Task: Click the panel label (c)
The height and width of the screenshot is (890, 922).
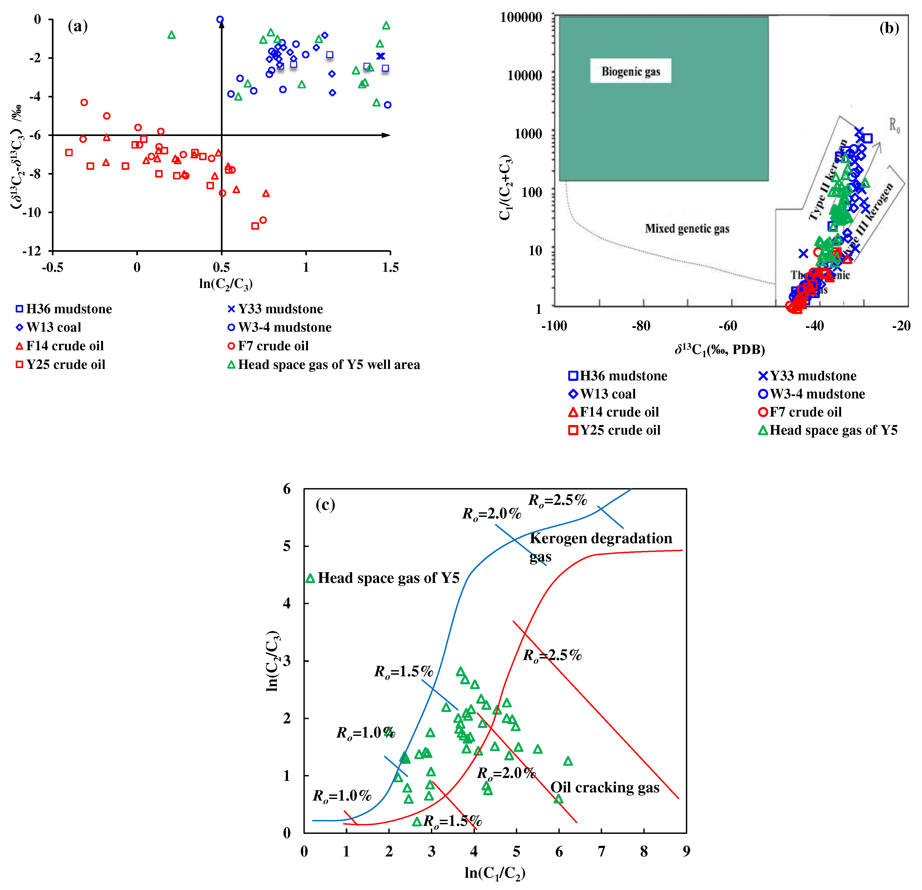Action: pyautogui.click(x=325, y=504)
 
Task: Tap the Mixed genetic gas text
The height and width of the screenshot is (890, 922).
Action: pyautogui.click(x=687, y=229)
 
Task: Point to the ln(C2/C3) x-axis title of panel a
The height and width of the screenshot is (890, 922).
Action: pyautogui.click(x=226, y=284)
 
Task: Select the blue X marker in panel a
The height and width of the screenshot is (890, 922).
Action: pyautogui.click(x=381, y=56)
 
